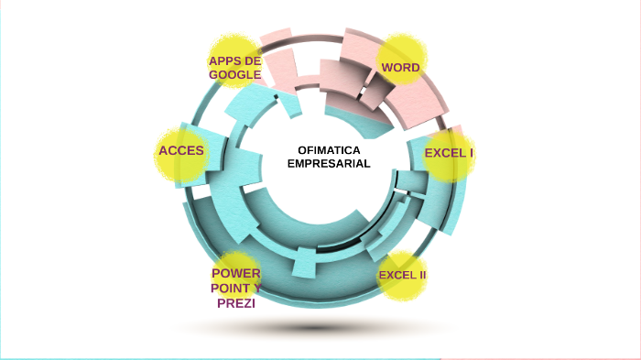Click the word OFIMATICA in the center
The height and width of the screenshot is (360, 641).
pyautogui.click(x=329, y=149)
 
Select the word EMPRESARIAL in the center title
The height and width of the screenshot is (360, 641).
pyautogui.click(x=329, y=163)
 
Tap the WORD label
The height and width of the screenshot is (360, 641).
pyautogui.click(x=400, y=68)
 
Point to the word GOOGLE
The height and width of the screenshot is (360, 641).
pyautogui.click(x=235, y=74)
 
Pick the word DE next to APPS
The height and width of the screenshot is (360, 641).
pyautogui.click(x=254, y=61)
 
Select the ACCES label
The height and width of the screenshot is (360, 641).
pyautogui.click(x=181, y=149)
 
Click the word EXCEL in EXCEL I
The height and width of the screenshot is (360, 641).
pyautogui.click(x=444, y=153)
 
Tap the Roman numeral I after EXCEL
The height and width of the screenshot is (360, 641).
pyautogui.click(x=471, y=153)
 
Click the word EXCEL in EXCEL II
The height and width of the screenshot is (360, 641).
pyautogui.click(x=396, y=275)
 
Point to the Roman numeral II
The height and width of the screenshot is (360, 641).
pyautogui.click(x=421, y=275)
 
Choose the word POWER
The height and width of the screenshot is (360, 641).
pyautogui.click(x=235, y=274)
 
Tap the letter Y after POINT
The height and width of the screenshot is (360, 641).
pyautogui.click(x=255, y=289)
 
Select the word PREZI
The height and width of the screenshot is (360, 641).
pyautogui.click(x=235, y=303)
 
